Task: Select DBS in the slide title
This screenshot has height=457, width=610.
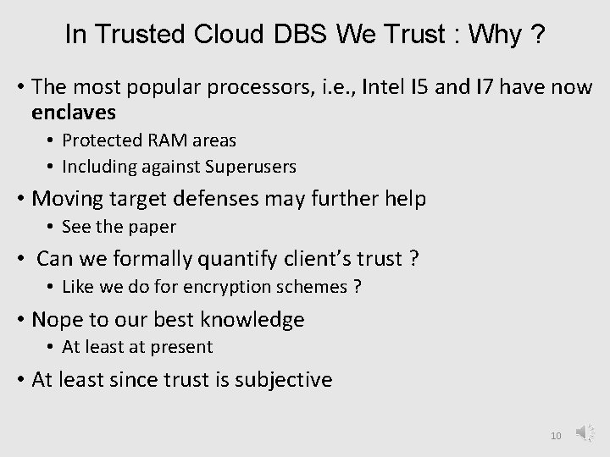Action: pos(300,35)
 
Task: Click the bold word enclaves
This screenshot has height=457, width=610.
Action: pos(74,112)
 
